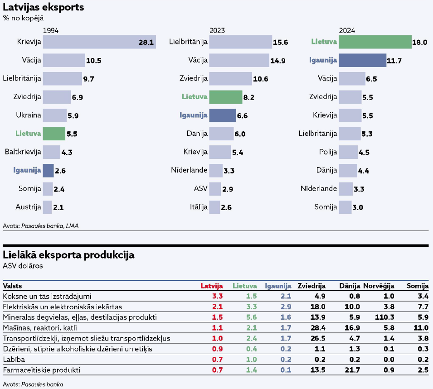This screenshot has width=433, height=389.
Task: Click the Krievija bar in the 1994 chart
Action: tap(99, 42)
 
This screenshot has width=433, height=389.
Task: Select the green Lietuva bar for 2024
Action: tap(375, 42)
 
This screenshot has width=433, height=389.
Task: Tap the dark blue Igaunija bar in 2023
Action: tap(223, 115)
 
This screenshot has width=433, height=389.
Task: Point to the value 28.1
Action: tap(146, 43)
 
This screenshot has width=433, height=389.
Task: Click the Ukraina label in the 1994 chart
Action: tap(29, 115)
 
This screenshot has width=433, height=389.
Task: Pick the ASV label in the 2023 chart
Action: tap(201, 189)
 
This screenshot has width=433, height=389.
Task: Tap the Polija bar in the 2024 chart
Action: tap(347, 152)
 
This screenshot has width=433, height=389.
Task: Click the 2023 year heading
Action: tap(217, 30)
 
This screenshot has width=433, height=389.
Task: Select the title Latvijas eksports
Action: tap(44, 8)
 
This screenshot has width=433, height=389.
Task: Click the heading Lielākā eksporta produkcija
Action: tap(68, 255)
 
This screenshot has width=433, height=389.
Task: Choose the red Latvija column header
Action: tap(212, 286)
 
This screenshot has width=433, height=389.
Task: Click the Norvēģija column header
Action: tap(379, 286)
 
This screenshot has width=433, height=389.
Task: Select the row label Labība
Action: tap(15, 360)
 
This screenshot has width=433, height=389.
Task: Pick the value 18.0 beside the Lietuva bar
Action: tap(419, 43)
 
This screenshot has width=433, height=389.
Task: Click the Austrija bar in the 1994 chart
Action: tap(48, 207)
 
